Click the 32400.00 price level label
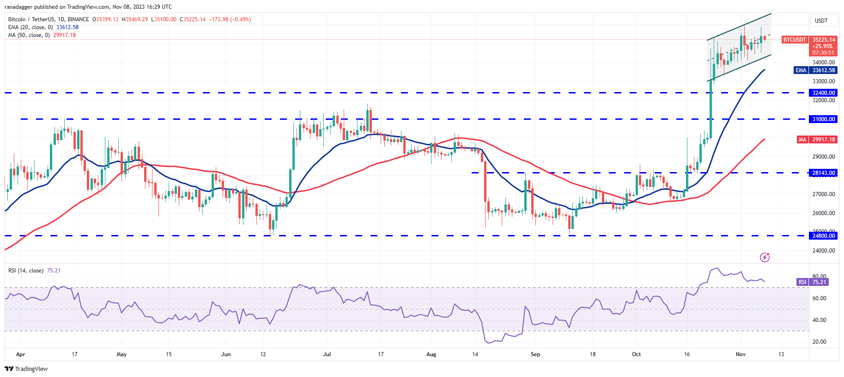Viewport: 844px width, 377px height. coord(824,93)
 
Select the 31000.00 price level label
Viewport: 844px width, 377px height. coord(824,119)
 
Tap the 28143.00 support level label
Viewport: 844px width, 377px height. coord(824,173)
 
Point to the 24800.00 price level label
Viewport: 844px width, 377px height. coord(824,236)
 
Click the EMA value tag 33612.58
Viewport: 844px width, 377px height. coord(824,70)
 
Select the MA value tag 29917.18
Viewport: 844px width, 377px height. coord(824,140)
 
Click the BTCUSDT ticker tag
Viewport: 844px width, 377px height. coord(795,40)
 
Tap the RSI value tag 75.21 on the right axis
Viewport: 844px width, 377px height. coord(819,282)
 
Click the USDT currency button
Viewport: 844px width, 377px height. coord(821,21)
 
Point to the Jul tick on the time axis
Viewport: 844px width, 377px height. coord(327,354)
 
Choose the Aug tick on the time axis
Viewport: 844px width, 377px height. coord(431,354)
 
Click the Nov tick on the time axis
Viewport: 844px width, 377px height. coord(741,354)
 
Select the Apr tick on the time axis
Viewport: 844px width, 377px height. coord(21,354)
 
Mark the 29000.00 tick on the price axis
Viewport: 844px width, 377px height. coord(824,157)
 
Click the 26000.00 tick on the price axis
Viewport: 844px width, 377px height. coord(824,213)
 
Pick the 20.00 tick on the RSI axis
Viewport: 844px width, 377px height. coord(819,342)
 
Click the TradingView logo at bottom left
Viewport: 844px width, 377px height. coord(26,369)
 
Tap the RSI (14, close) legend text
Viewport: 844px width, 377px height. coord(26,271)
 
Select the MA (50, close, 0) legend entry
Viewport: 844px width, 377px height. coord(29,35)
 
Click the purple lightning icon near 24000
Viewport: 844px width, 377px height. coord(765,257)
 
